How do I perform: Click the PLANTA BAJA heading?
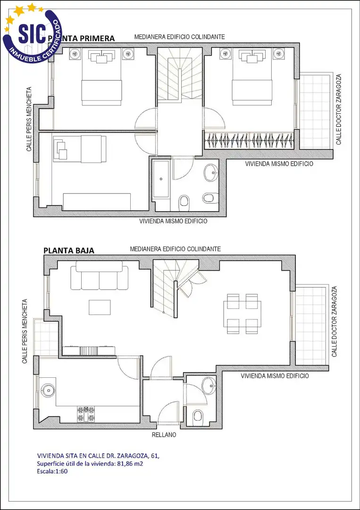tap(69, 251)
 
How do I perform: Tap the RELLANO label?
tap(164, 434)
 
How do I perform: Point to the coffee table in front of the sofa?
tap(100, 307)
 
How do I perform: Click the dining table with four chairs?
tap(243, 314)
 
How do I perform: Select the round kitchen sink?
tap(48, 389)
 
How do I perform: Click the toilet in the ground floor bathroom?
tap(198, 416)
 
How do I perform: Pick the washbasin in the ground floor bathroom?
tap(209, 385)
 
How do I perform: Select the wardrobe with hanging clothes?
tap(250, 141)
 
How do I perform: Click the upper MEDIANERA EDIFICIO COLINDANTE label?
tap(180, 37)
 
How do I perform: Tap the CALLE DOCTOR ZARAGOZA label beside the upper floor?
tap(339, 109)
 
